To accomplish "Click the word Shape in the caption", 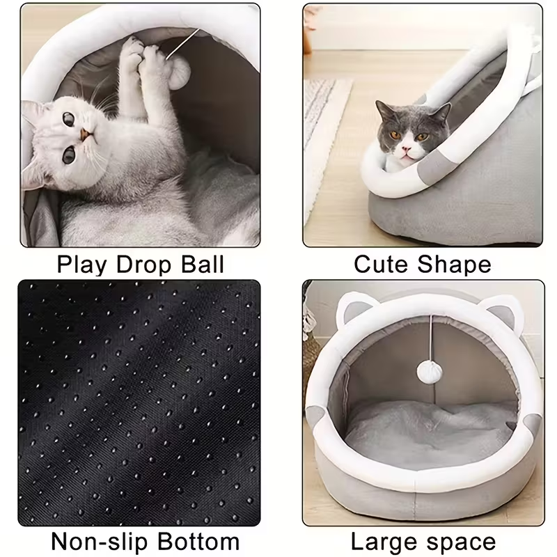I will [456, 265].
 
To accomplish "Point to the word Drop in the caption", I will [141, 265].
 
